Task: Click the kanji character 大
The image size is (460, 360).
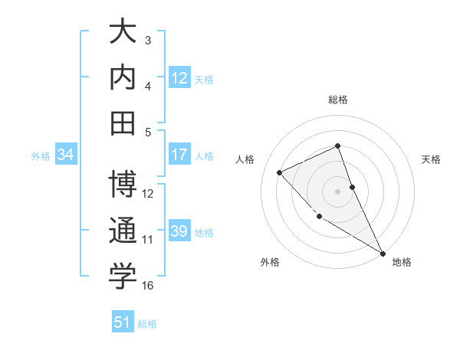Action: [x=123, y=34]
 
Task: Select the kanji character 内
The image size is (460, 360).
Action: [x=123, y=78]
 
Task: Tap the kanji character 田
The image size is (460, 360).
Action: [x=123, y=123]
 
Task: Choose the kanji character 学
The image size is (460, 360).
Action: [x=123, y=277]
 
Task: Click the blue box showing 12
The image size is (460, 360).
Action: [x=179, y=78]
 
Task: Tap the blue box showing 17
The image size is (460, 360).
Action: [x=179, y=155]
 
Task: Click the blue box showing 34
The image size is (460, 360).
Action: [x=66, y=155]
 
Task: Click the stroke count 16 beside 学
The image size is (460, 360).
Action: [x=147, y=286]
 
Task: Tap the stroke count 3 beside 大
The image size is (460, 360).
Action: [x=148, y=40]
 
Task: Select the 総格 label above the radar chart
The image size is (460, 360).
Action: [x=337, y=100]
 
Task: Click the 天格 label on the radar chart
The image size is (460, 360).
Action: [x=431, y=159]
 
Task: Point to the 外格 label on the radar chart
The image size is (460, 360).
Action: [x=269, y=262]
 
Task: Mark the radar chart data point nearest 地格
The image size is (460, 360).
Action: [x=383, y=253]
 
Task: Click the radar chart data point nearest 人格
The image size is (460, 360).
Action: [x=280, y=172]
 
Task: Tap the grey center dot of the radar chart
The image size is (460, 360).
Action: [x=337, y=191]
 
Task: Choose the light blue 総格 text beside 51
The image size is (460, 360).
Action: [x=147, y=324]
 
